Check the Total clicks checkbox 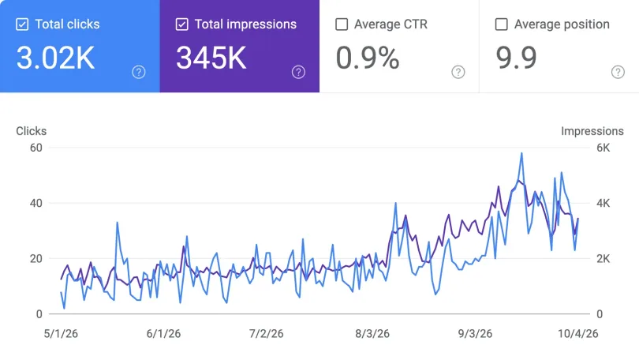coord(22,24)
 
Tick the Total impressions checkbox coord(181,24)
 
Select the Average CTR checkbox coord(342,24)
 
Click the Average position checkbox coord(501,24)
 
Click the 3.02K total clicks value coord(55,58)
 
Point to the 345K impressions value coord(211,58)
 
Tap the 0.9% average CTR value coord(368,58)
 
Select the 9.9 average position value coord(516,58)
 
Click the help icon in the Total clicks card coord(139,72)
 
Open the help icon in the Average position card coord(618,72)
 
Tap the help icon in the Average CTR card coord(458,72)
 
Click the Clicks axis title coord(31,131)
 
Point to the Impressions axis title coord(592,131)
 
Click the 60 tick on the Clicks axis coord(35,148)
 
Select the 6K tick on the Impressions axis coord(603,148)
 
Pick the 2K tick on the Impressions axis coord(603,258)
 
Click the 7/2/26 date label coord(266,333)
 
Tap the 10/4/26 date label coord(578,333)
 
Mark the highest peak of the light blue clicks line coord(521,154)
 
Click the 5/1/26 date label coord(61,333)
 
